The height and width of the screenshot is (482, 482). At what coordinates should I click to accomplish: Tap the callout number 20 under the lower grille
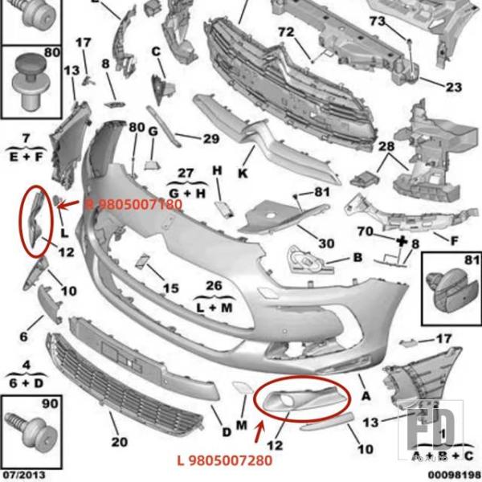point(119,441)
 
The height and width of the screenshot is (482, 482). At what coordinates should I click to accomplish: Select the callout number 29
point(210,139)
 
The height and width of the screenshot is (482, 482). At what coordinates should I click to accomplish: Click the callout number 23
point(454,87)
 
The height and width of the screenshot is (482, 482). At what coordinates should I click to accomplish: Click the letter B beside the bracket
point(357,258)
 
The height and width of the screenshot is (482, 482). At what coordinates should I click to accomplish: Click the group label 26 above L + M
point(214,286)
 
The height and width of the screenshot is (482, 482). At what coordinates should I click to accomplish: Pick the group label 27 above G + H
point(186,173)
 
